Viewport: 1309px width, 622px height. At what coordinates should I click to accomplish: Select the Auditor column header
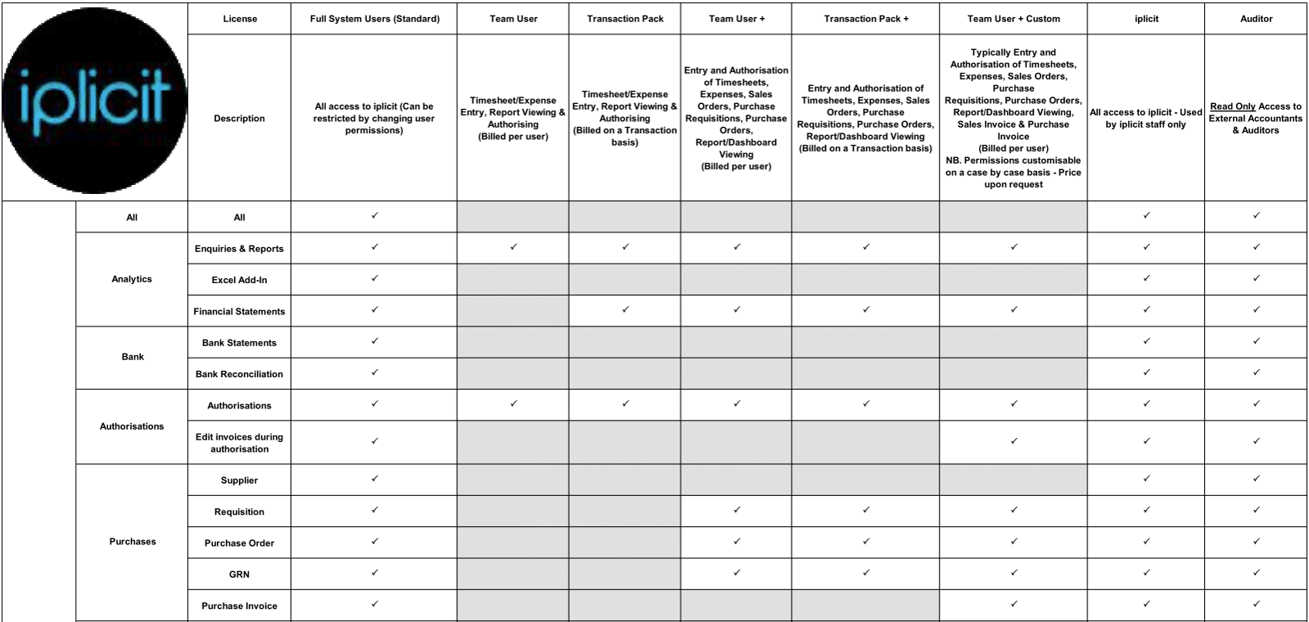[x=1256, y=19]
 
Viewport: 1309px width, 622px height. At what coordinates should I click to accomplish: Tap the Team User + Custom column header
[x=1013, y=19]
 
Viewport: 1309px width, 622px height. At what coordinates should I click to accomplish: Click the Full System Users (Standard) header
[x=374, y=19]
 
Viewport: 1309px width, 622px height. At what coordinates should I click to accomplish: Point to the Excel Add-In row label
[x=239, y=280]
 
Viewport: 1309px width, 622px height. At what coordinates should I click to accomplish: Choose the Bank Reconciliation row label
[x=239, y=374]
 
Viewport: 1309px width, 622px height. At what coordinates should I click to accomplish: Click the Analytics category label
[x=132, y=279]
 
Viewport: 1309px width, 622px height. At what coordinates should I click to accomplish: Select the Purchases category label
[x=132, y=542]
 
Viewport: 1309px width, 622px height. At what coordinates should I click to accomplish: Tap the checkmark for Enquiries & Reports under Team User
[x=513, y=246]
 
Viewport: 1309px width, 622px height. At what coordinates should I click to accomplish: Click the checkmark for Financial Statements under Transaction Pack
[x=625, y=309]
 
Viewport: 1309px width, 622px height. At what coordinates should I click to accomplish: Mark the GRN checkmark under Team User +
[x=737, y=573]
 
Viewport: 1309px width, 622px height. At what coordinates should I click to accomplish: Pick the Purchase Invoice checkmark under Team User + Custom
[x=1013, y=604]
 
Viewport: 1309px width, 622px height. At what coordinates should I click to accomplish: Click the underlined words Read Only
[x=1232, y=106]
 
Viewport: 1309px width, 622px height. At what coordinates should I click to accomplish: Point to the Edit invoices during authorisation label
[x=239, y=443]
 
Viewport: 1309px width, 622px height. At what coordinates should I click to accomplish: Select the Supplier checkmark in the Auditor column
[x=1256, y=479]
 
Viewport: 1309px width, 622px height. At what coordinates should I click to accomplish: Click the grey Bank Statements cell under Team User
[x=513, y=342]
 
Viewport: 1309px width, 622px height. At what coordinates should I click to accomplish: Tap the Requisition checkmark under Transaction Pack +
[x=865, y=510]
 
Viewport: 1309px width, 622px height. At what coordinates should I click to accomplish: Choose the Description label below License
[x=239, y=119]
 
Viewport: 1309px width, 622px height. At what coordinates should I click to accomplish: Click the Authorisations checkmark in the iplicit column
[x=1146, y=403]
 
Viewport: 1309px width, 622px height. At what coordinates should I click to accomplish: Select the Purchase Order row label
[x=239, y=543]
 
